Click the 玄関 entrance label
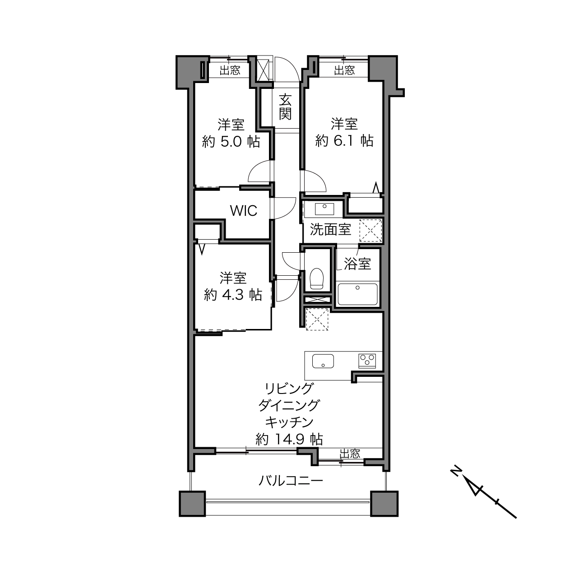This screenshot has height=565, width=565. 285,107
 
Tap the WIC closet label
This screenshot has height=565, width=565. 244,210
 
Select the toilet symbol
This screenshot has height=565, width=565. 316,278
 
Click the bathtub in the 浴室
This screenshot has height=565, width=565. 357,294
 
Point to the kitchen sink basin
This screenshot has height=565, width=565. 323,361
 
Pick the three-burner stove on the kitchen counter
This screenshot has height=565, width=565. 367,361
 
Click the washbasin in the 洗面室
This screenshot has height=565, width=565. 324,209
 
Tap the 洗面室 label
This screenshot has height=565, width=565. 330,229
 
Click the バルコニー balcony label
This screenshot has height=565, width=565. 290,481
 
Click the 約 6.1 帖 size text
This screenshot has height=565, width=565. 344,141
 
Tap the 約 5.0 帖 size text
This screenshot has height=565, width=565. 231,142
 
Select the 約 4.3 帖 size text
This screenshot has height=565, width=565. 233,295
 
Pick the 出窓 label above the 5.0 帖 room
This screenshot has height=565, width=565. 230,70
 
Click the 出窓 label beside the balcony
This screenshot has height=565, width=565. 350,454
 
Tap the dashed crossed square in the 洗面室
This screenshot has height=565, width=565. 370,231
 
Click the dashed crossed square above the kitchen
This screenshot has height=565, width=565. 317,319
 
